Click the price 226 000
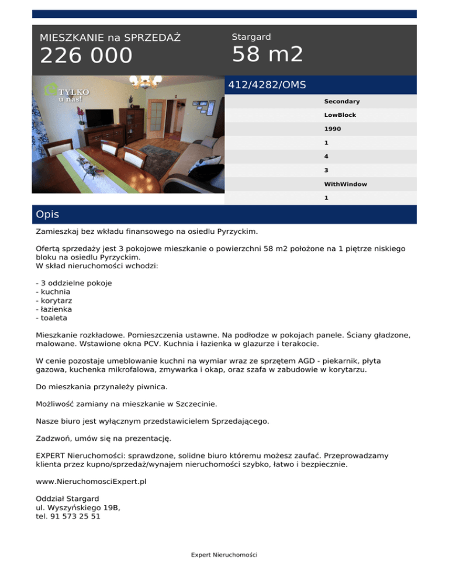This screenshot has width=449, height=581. point(86,56)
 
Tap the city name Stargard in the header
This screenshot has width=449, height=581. point(251,37)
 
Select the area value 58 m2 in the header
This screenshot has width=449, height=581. point(267,55)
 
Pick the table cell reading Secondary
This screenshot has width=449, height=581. point(341,102)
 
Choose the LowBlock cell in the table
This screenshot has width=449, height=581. point(340,115)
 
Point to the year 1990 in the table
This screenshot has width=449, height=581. point(333,129)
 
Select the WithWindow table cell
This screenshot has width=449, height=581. point(346,184)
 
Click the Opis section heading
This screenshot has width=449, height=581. point(47,215)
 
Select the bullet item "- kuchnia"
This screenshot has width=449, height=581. point(53,291)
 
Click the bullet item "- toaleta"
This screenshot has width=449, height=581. point(51,318)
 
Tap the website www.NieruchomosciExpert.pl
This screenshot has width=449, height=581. point(91,484)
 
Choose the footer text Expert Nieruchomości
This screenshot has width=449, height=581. point(224,555)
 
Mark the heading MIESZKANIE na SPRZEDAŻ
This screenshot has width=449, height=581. point(110,38)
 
